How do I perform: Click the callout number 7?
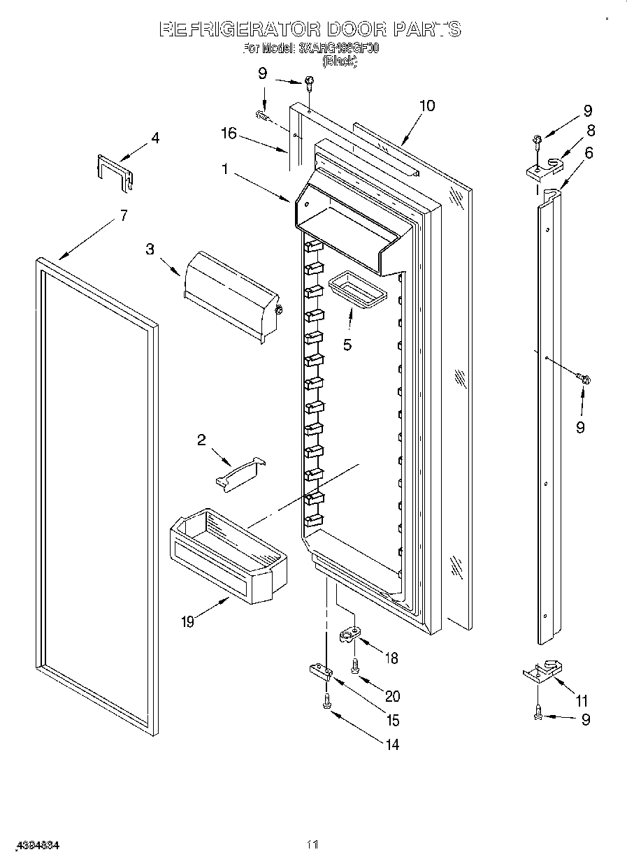(x=124, y=215)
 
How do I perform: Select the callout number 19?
(x=187, y=621)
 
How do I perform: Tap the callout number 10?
(x=427, y=106)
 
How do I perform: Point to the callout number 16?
(x=229, y=133)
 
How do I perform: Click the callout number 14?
(x=392, y=744)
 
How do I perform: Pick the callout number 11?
(x=582, y=701)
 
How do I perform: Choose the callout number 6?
(x=589, y=152)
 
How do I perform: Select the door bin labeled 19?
(x=227, y=552)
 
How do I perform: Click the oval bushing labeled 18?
(x=351, y=635)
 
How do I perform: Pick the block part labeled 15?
(x=320, y=672)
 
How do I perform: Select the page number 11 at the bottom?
(x=312, y=845)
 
